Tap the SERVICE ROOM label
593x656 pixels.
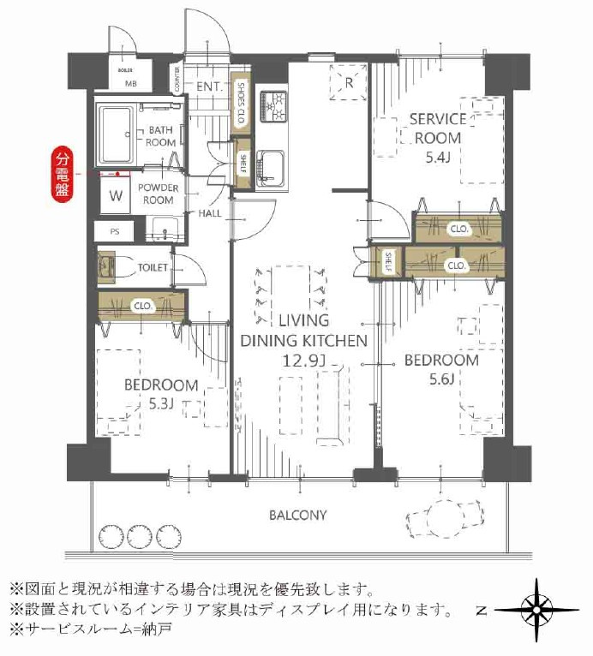pos(437,128)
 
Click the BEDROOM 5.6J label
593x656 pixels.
pos(441,369)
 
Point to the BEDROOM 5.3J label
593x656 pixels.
pos(161,394)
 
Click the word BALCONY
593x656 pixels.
pos(297,516)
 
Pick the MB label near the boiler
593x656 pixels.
pos(130,83)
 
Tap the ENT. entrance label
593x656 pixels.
pos(209,86)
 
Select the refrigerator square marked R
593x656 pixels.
pos(350,83)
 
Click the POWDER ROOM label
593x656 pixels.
pos(157,194)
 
